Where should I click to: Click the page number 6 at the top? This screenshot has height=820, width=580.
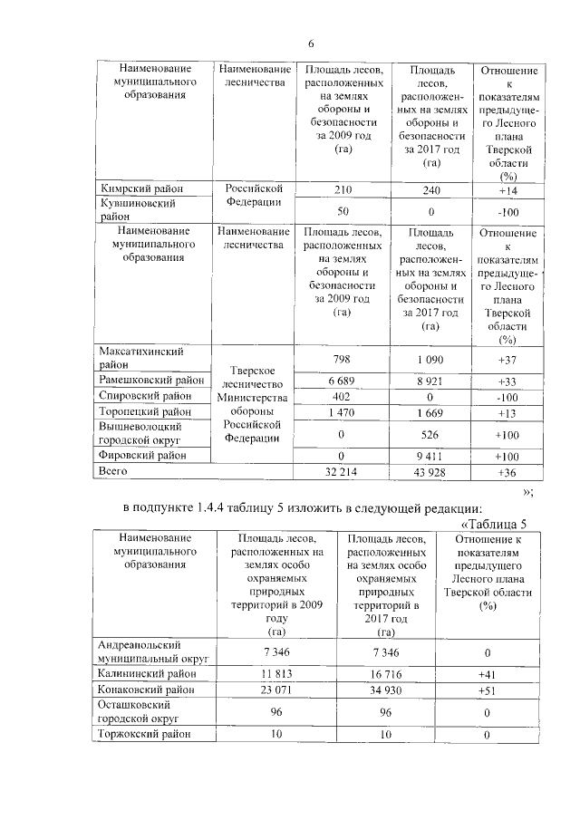click(x=310, y=43)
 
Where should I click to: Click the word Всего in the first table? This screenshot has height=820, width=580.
click(x=114, y=471)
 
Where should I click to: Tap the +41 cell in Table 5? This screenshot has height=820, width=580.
click(x=486, y=673)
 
